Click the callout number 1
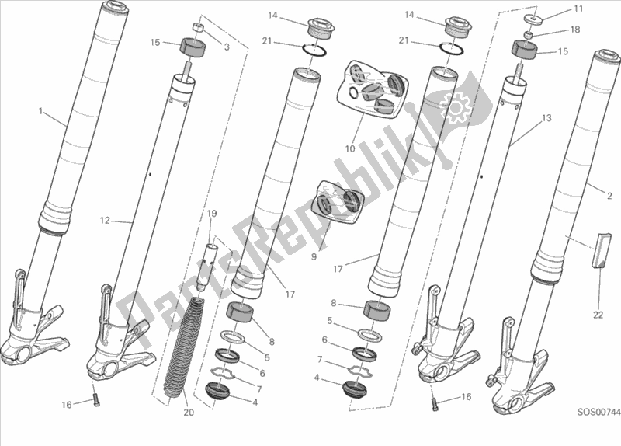click(x=41, y=112)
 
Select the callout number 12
click(x=105, y=221)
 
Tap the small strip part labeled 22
click(x=599, y=249)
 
